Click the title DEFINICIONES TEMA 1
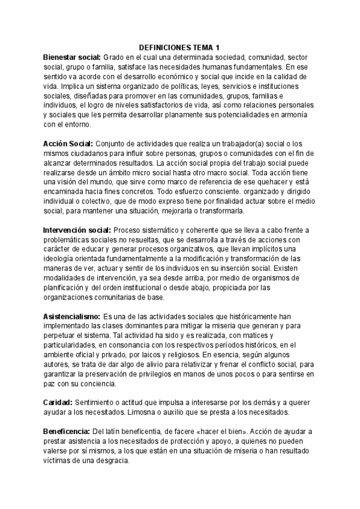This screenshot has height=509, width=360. pos(179,47)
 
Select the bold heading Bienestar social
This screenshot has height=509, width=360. pos(75,56)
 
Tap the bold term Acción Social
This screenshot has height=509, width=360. pos(68,143)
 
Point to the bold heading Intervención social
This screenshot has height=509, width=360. pos(77,230)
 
